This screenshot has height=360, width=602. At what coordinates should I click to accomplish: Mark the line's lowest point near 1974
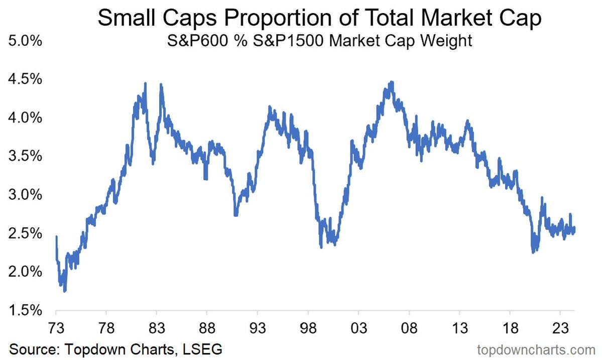point(65,290)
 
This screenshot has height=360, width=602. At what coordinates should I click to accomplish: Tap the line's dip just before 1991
point(235,215)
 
